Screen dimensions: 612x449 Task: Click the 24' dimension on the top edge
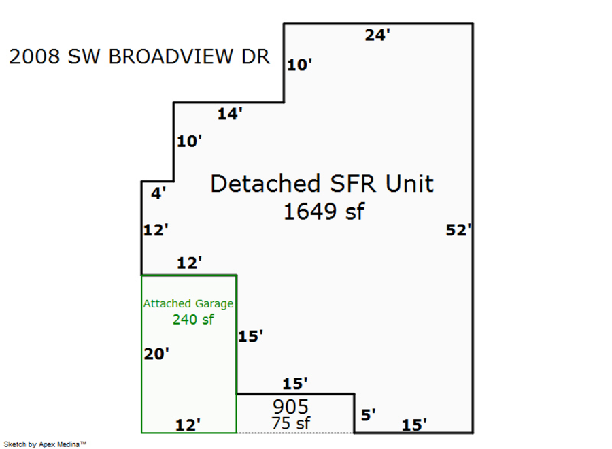[x=377, y=35]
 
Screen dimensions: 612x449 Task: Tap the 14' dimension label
[x=230, y=114]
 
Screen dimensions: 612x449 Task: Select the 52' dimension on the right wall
[x=458, y=230]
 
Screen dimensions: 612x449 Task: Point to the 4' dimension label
[x=158, y=193]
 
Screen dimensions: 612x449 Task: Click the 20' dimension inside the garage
[x=156, y=354]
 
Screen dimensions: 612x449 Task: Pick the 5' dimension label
[x=368, y=415]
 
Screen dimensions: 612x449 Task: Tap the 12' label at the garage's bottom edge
[x=188, y=425]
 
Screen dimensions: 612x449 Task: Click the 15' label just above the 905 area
[x=294, y=384]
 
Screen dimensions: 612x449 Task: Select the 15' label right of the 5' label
[x=414, y=425]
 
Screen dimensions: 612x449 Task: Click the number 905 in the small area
[x=290, y=407]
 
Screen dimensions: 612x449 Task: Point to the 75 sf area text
[x=291, y=423]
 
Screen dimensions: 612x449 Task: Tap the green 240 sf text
[x=193, y=320]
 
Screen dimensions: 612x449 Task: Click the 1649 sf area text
[x=324, y=212]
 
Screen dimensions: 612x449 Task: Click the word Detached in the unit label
[x=265, y=184]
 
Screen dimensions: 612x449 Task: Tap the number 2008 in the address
[x=35, y=56]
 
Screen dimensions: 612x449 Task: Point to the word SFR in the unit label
[x=353, y=184]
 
